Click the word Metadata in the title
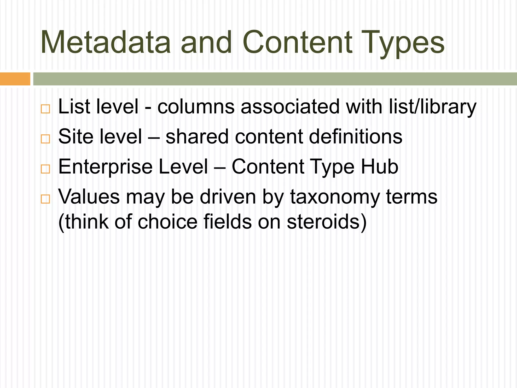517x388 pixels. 106,42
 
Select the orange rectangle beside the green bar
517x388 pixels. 15,79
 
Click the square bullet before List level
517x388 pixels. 45,109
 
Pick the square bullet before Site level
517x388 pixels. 45,139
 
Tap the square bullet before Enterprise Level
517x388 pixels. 45,169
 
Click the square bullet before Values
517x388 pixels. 45,199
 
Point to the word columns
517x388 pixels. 196,107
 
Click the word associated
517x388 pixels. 290,107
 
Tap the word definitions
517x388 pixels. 355,137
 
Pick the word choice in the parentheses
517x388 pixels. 167,222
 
